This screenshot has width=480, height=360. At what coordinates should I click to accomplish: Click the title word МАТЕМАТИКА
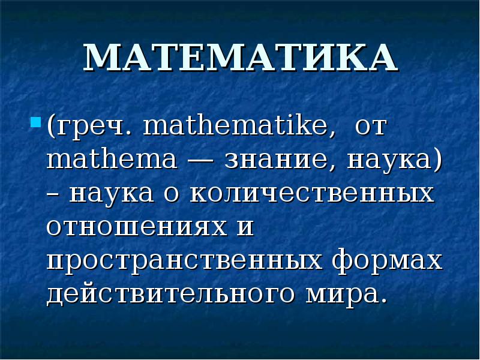(x=240, y=58)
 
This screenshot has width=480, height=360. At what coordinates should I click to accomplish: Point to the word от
(x=371, y=128)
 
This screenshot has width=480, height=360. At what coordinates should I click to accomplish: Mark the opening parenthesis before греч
(x=52, y=128)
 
